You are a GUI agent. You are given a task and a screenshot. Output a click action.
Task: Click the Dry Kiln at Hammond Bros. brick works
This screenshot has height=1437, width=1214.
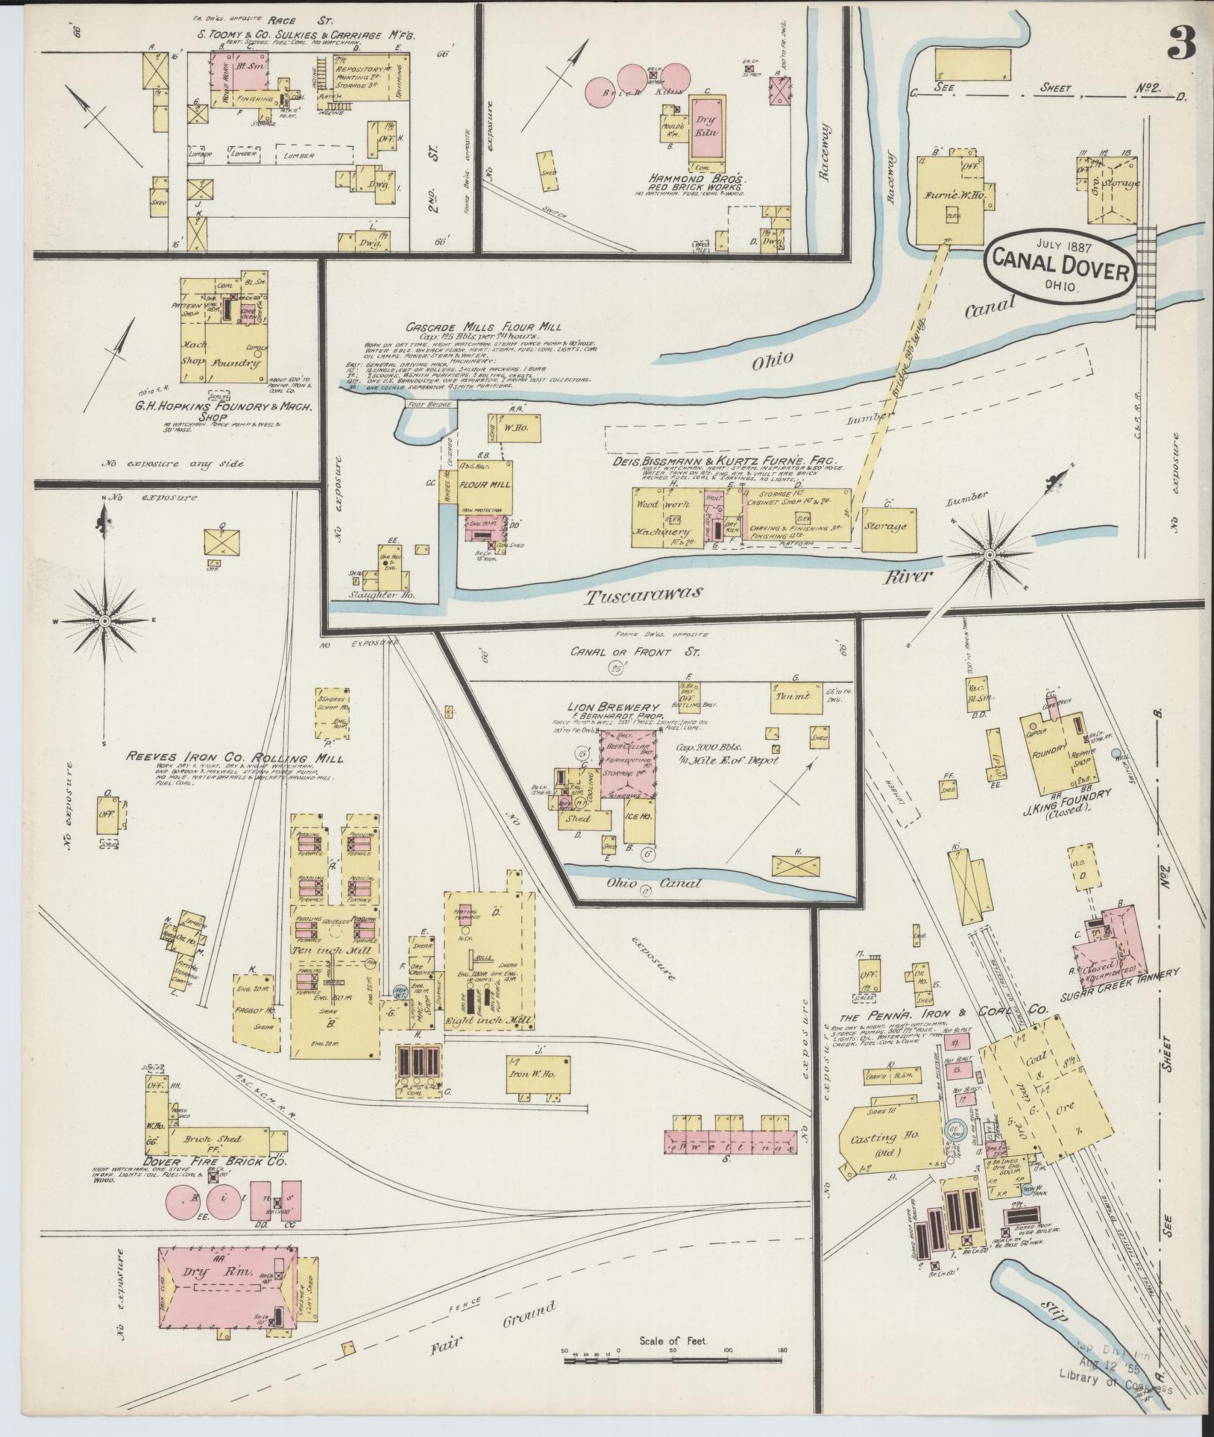705,127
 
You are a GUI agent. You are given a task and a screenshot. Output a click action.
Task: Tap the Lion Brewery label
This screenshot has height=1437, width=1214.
614,706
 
